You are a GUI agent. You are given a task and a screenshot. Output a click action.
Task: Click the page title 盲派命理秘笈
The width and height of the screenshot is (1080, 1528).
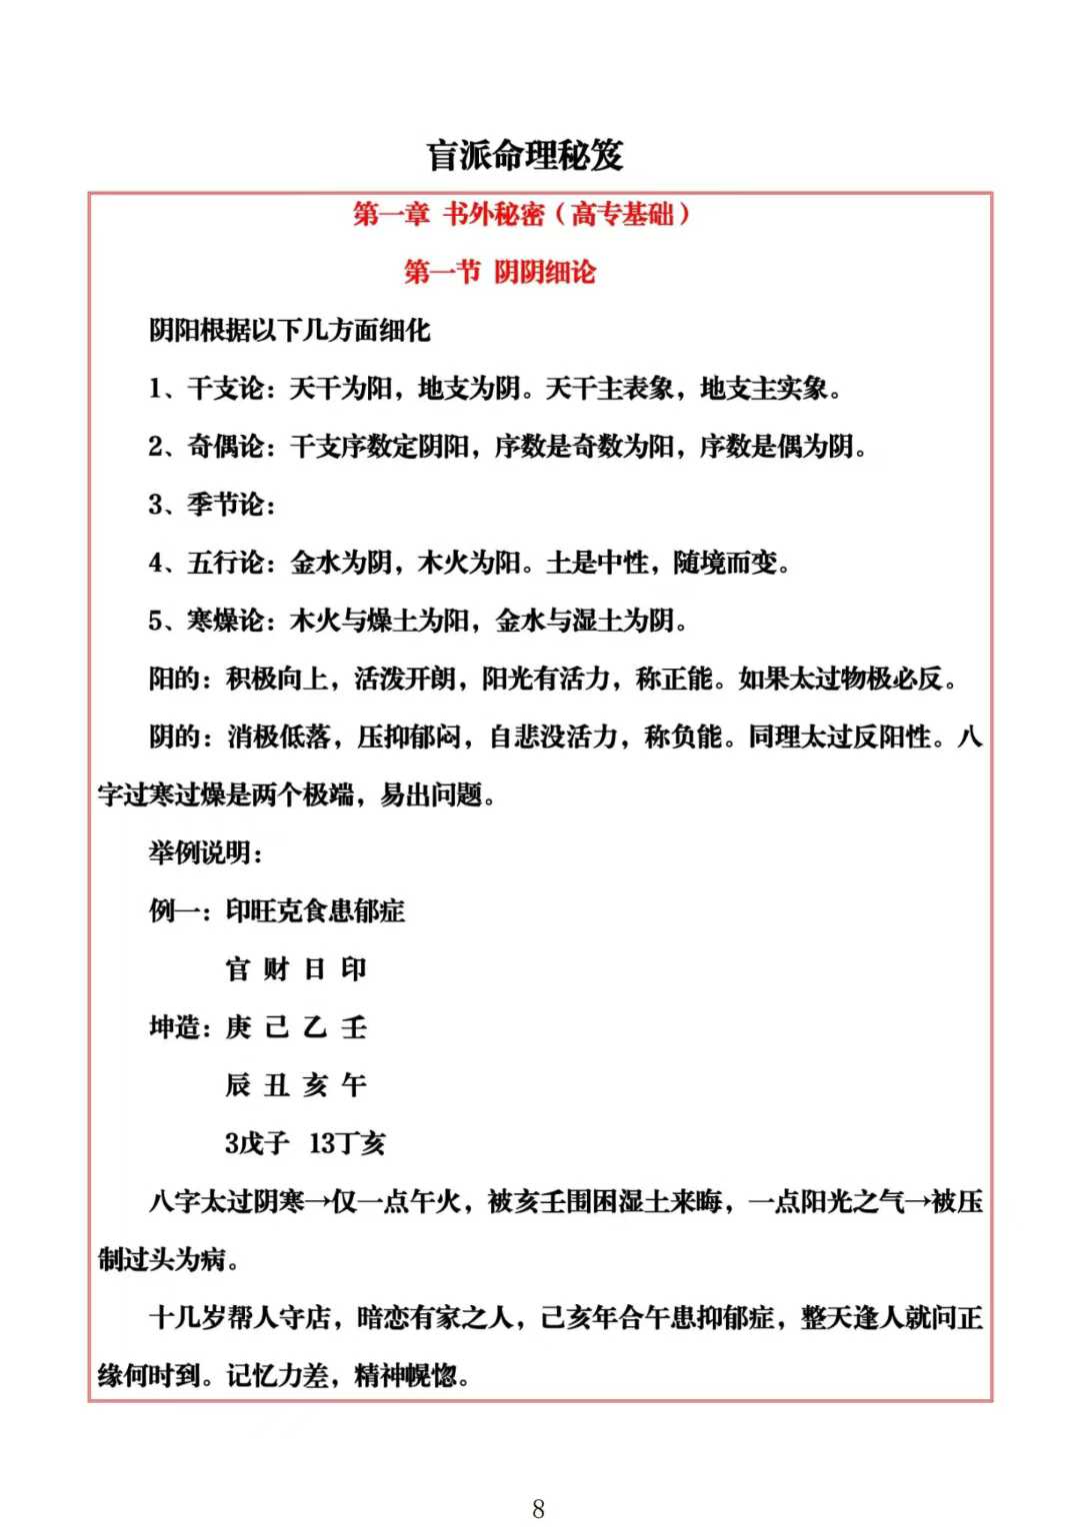(525, 156)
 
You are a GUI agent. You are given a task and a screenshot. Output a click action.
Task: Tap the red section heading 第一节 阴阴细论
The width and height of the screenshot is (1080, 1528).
(499, 272)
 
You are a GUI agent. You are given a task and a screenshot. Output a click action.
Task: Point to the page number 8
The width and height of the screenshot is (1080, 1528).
(539, 1508)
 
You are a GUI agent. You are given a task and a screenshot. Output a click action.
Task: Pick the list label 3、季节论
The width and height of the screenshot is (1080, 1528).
(210, 504)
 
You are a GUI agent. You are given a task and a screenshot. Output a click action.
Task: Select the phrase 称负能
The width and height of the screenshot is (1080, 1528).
(683, 737)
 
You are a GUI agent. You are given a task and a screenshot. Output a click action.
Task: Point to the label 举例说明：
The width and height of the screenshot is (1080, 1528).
(206, 852)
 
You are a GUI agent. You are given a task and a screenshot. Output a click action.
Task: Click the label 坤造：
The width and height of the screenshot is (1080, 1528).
(180, 1027)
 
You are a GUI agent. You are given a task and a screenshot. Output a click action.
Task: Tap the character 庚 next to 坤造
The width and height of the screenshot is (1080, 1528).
(238, 1027)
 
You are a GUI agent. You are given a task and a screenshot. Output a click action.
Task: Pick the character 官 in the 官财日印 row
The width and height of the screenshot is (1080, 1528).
(238, 969)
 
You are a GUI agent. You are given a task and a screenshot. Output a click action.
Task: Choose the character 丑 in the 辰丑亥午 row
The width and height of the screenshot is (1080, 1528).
(277, 1085)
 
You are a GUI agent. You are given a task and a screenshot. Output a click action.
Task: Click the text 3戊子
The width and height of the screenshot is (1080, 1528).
(257, 1143)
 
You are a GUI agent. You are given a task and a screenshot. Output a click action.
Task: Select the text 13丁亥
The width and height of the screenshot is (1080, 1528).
(347, 1143)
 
